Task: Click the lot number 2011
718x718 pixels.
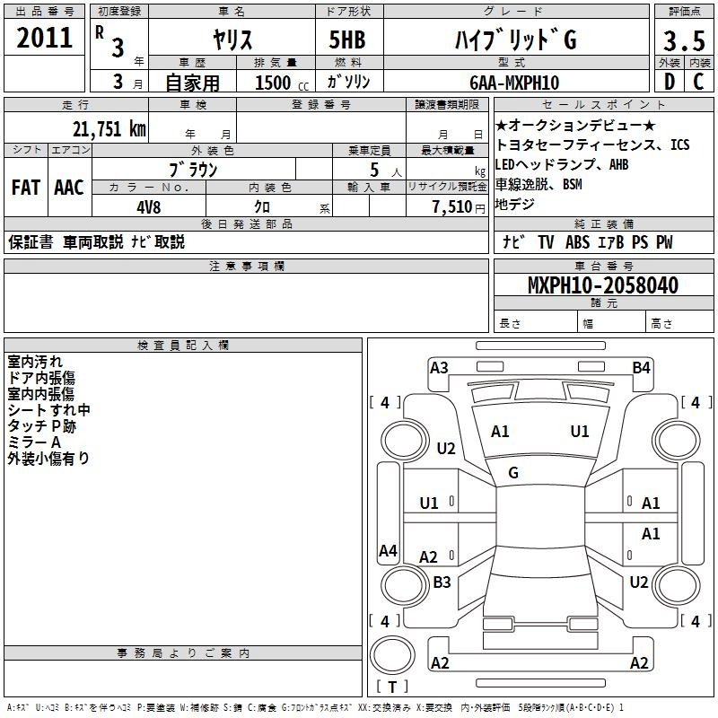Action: click(x=44, y=38)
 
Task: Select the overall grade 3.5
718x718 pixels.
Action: click(x=684, y=40)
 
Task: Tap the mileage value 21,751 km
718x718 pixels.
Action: click(x=109, y=129)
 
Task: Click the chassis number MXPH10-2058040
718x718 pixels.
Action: click(x=603, y=285)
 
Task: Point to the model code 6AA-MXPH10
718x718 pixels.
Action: click(x=514, y=83)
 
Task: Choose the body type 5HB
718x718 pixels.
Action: click(x=347, y=39)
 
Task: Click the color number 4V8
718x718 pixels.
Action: click(x=149, y=207)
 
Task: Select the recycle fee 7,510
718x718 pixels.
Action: click(x=452, y=207)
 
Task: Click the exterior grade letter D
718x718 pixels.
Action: click(x=670, y=82)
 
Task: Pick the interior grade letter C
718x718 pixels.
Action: click(x=698, y=82)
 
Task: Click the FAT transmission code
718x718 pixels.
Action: click(x=26, y=188)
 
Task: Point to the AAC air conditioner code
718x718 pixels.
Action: click(x=69, y=188)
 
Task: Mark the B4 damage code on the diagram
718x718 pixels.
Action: click(x=641, y=368)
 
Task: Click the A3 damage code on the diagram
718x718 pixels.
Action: click(x=439, y=368)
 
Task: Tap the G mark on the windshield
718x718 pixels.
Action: click(x=513, y=473)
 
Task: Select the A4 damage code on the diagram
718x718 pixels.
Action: click(x=388, y=550)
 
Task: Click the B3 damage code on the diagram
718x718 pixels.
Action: click(x=442, y=582)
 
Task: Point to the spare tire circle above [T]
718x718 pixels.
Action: click(x=392, y=655)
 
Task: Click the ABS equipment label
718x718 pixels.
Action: click(x=577, y=242)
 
